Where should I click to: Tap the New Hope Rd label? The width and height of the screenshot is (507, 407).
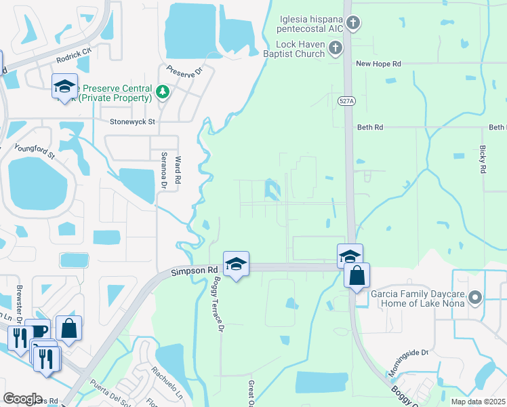[379, 64]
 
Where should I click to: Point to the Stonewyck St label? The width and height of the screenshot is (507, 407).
[133, 122]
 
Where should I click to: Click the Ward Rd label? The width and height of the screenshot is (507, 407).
[178, 170]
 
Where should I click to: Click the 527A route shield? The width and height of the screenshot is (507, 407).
[347, 100]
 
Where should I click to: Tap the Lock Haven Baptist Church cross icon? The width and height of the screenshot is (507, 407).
[335, 47]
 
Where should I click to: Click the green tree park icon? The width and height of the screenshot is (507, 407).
[162, 92]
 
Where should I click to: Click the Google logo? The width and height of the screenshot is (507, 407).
[23, 399]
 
